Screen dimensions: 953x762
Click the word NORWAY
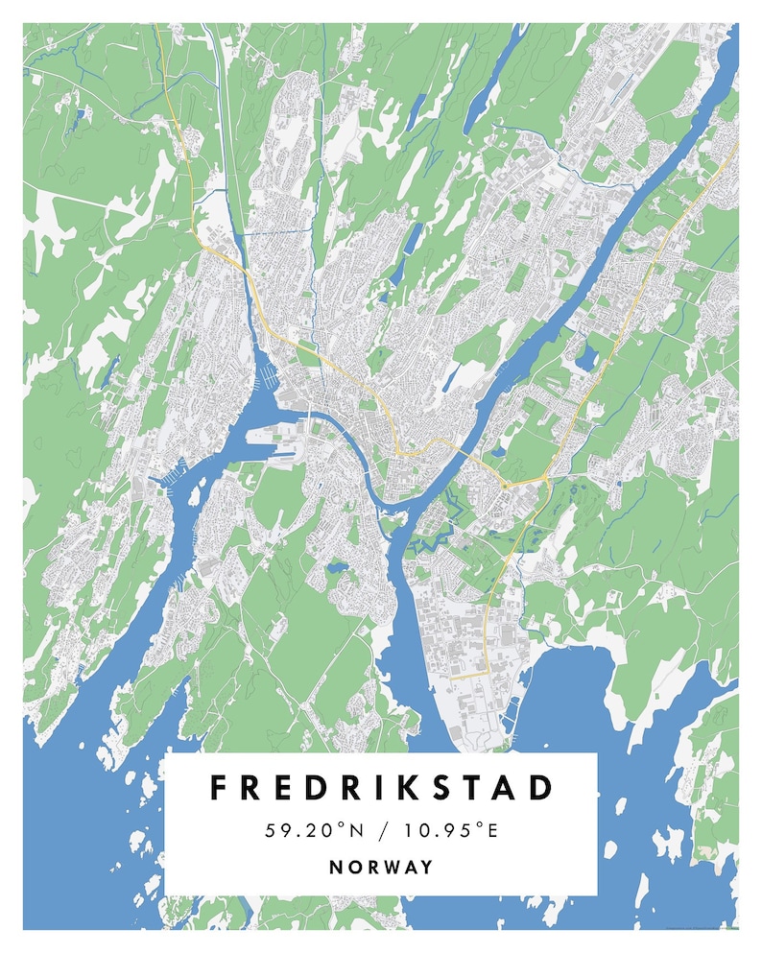[x=381, y=867]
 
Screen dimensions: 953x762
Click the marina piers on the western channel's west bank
[x=170, y=476]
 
